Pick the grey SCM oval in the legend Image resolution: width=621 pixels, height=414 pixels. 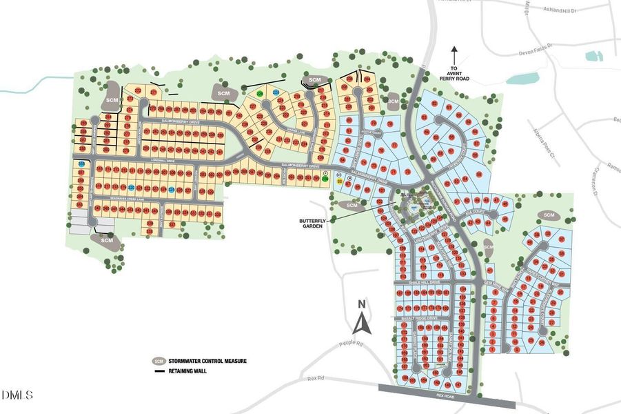[x=159, y=361]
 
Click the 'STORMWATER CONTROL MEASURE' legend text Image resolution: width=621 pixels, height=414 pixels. [x=208, y=361]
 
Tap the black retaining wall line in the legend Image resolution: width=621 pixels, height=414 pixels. [x=159, y=371]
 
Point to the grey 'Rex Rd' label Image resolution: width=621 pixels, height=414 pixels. [x=316, y=379]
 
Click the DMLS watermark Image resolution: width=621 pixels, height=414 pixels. [x=17, y=395]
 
